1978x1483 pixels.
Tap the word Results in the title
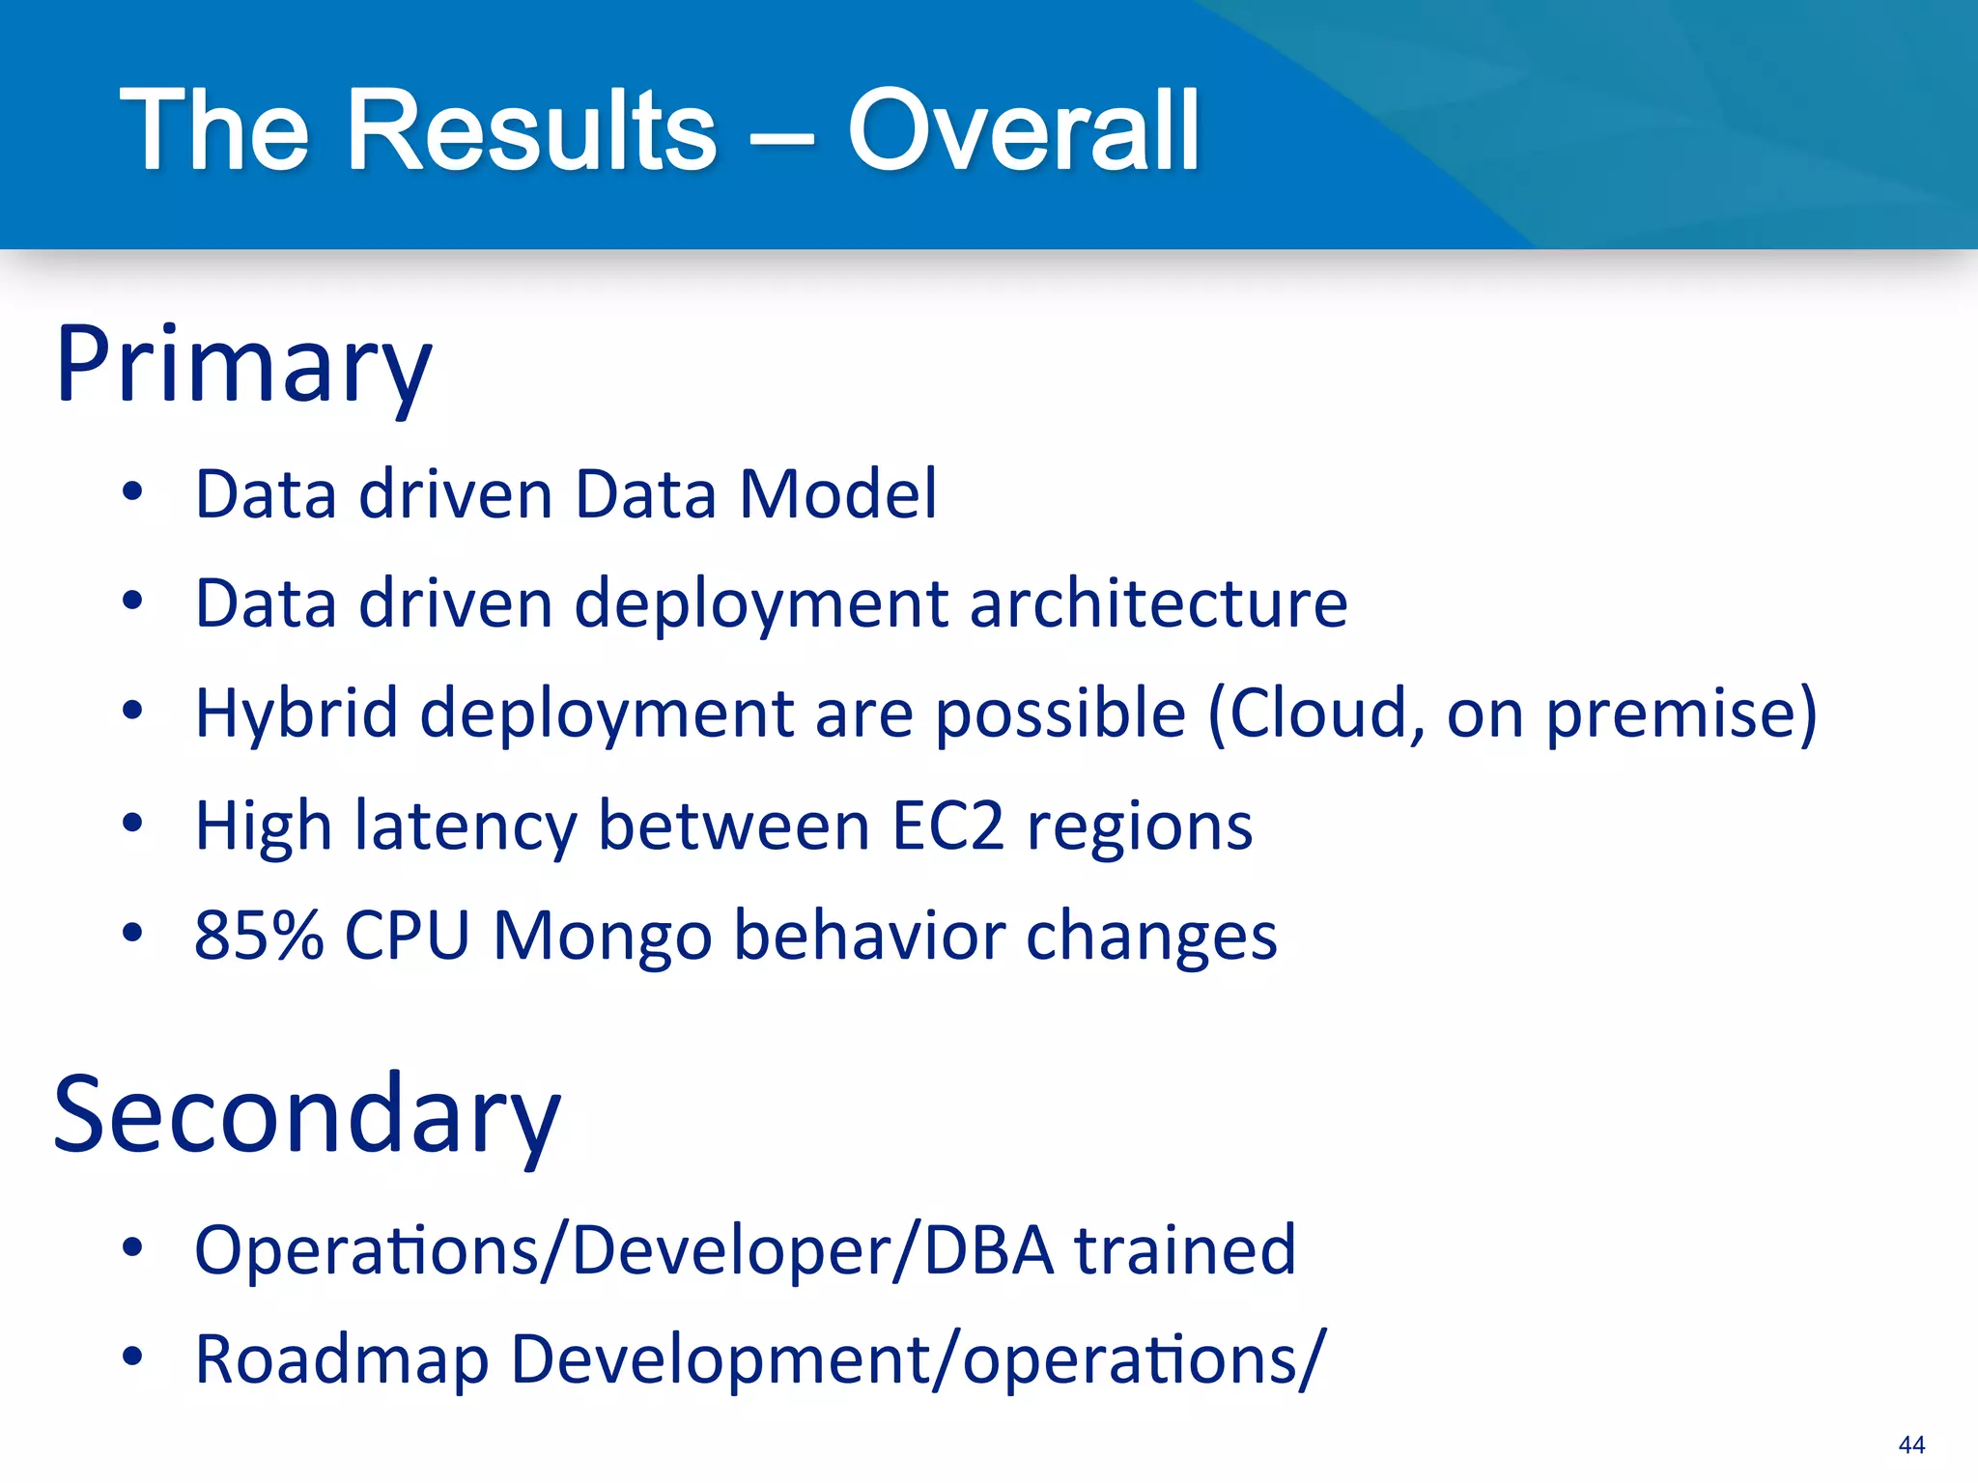(531, 130)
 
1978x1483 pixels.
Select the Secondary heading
(306, 1116)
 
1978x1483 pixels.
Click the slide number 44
(1910, 1444)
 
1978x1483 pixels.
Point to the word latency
(466, 826)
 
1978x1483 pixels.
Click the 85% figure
(258, 936)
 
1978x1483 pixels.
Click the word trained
(1184, 1250)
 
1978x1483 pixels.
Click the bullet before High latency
(132, 825)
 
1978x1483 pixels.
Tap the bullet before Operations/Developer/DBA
(132, 1248)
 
